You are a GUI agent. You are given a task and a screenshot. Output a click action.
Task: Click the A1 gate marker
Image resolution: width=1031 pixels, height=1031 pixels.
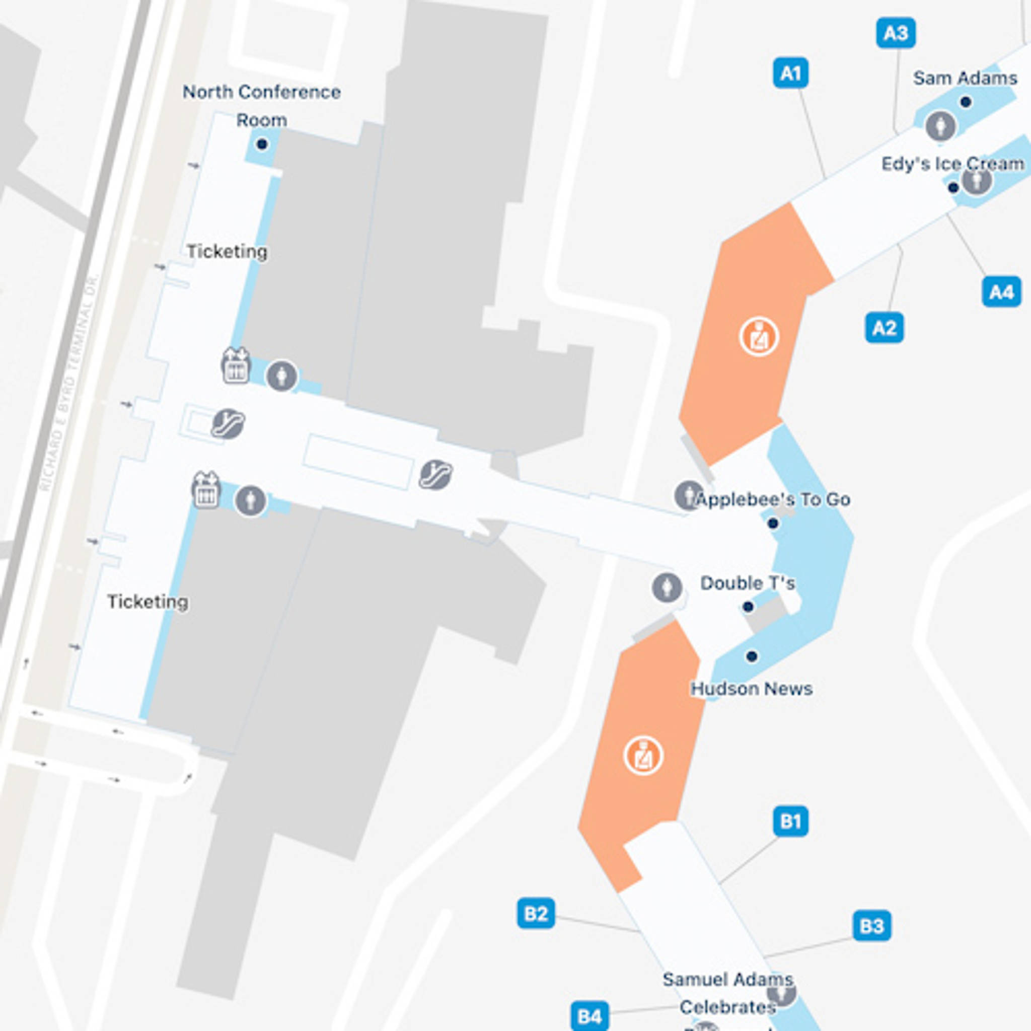pos(790,73)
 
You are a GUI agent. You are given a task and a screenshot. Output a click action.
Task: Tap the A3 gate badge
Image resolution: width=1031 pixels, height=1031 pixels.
pos(896,33)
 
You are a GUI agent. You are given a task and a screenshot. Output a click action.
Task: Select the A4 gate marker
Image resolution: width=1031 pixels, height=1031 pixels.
pos(1001,292)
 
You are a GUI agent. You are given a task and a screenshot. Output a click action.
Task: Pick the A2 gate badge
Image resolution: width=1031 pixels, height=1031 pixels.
pos(884,328)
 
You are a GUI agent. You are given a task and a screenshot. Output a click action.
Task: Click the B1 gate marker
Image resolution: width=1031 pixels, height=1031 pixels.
pos(790,821)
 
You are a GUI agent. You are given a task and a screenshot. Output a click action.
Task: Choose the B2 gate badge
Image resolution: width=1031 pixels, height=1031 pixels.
pos(536,914)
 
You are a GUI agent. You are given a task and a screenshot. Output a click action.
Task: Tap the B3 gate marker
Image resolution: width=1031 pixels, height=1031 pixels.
pos(872,926)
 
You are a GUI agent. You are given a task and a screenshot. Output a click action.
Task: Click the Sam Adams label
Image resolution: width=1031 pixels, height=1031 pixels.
pos(965,79)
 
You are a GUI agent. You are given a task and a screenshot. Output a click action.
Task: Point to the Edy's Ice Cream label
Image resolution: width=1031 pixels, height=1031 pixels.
pos(952,164)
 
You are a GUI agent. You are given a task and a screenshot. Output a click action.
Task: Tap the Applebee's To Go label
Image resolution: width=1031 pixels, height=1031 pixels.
pos(773,499)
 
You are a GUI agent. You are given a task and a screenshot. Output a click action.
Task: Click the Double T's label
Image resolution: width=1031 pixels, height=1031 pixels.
pos(747,583)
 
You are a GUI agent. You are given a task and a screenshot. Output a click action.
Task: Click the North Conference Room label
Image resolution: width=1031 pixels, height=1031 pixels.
pos(261,106)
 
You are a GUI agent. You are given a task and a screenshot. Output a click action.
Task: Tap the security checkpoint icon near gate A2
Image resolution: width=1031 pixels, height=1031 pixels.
pos(759,337)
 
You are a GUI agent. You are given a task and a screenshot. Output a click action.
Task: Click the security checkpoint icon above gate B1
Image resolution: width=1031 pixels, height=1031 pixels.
pos(643,756)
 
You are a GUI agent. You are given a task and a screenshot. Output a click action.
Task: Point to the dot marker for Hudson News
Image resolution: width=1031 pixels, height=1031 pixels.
pos(752,656)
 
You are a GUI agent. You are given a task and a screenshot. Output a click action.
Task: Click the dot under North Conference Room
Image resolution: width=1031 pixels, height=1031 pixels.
pos(261,144)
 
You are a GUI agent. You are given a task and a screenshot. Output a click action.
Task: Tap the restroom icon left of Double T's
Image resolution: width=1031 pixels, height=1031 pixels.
pos(667,587)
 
